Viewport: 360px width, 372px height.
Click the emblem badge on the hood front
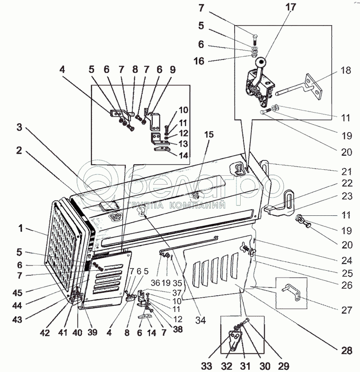(x=114, y=216)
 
